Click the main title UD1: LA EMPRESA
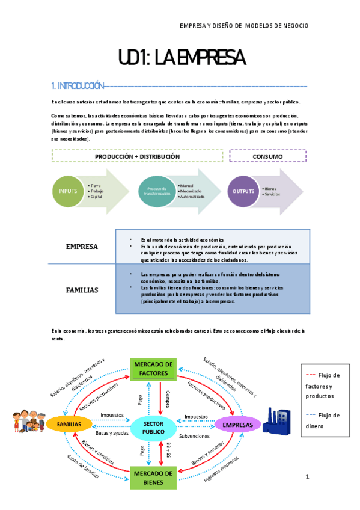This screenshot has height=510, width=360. click(x=182, y=58)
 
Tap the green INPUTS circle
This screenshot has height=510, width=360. click(x=69, y=191)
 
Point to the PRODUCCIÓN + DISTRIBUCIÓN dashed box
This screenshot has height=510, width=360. click(x=137, y=156)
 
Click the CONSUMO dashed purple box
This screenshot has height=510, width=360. click(x=268, y=156)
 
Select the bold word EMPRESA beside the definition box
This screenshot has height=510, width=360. click(x=82, y=246)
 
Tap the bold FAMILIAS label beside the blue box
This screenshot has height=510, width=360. click(x=82, y=290)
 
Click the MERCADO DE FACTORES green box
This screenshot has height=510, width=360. click(x=153, y=368)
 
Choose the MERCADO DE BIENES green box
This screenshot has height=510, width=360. click(x=153, y=477)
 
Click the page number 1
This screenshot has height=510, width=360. click(x=307, y=477)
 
